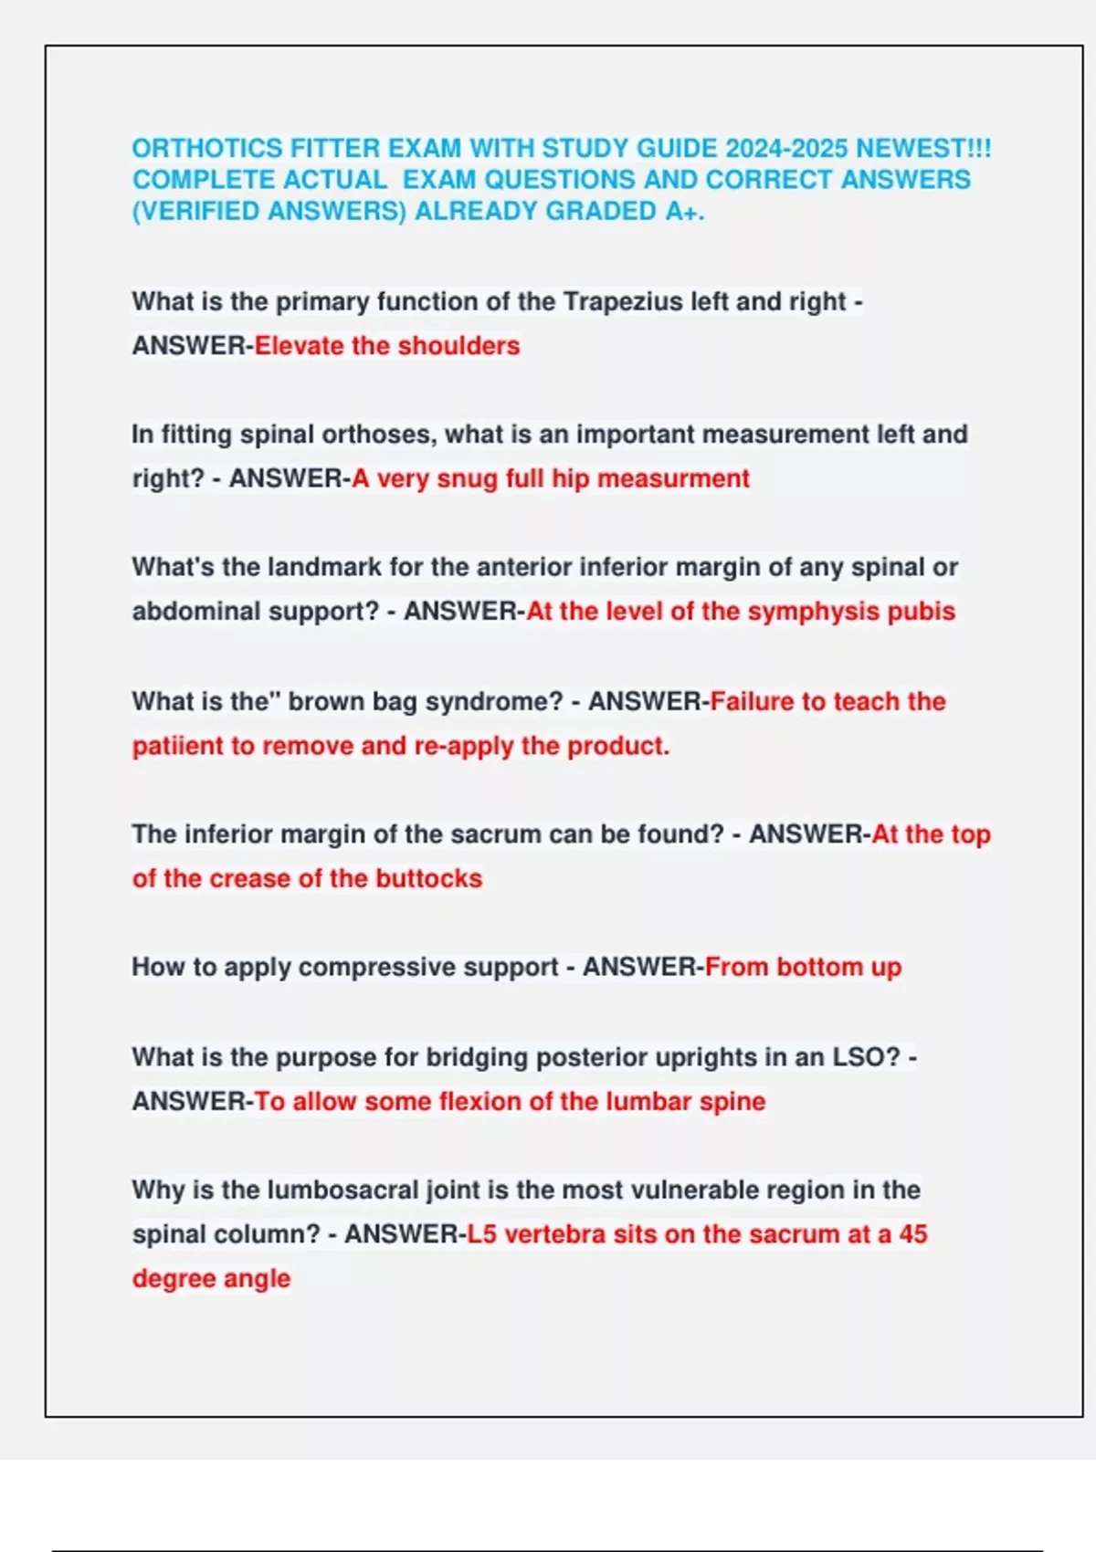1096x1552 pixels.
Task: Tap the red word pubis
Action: pyautogui.click(x=922, y=612)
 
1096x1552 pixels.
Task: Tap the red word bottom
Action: pyautogui.click(x=819, y=967)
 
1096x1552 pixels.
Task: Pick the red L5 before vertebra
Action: pyautogui.click(x=482, y=1234)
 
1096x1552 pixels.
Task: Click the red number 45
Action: pyautogui.click(x=912, y=1234)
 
